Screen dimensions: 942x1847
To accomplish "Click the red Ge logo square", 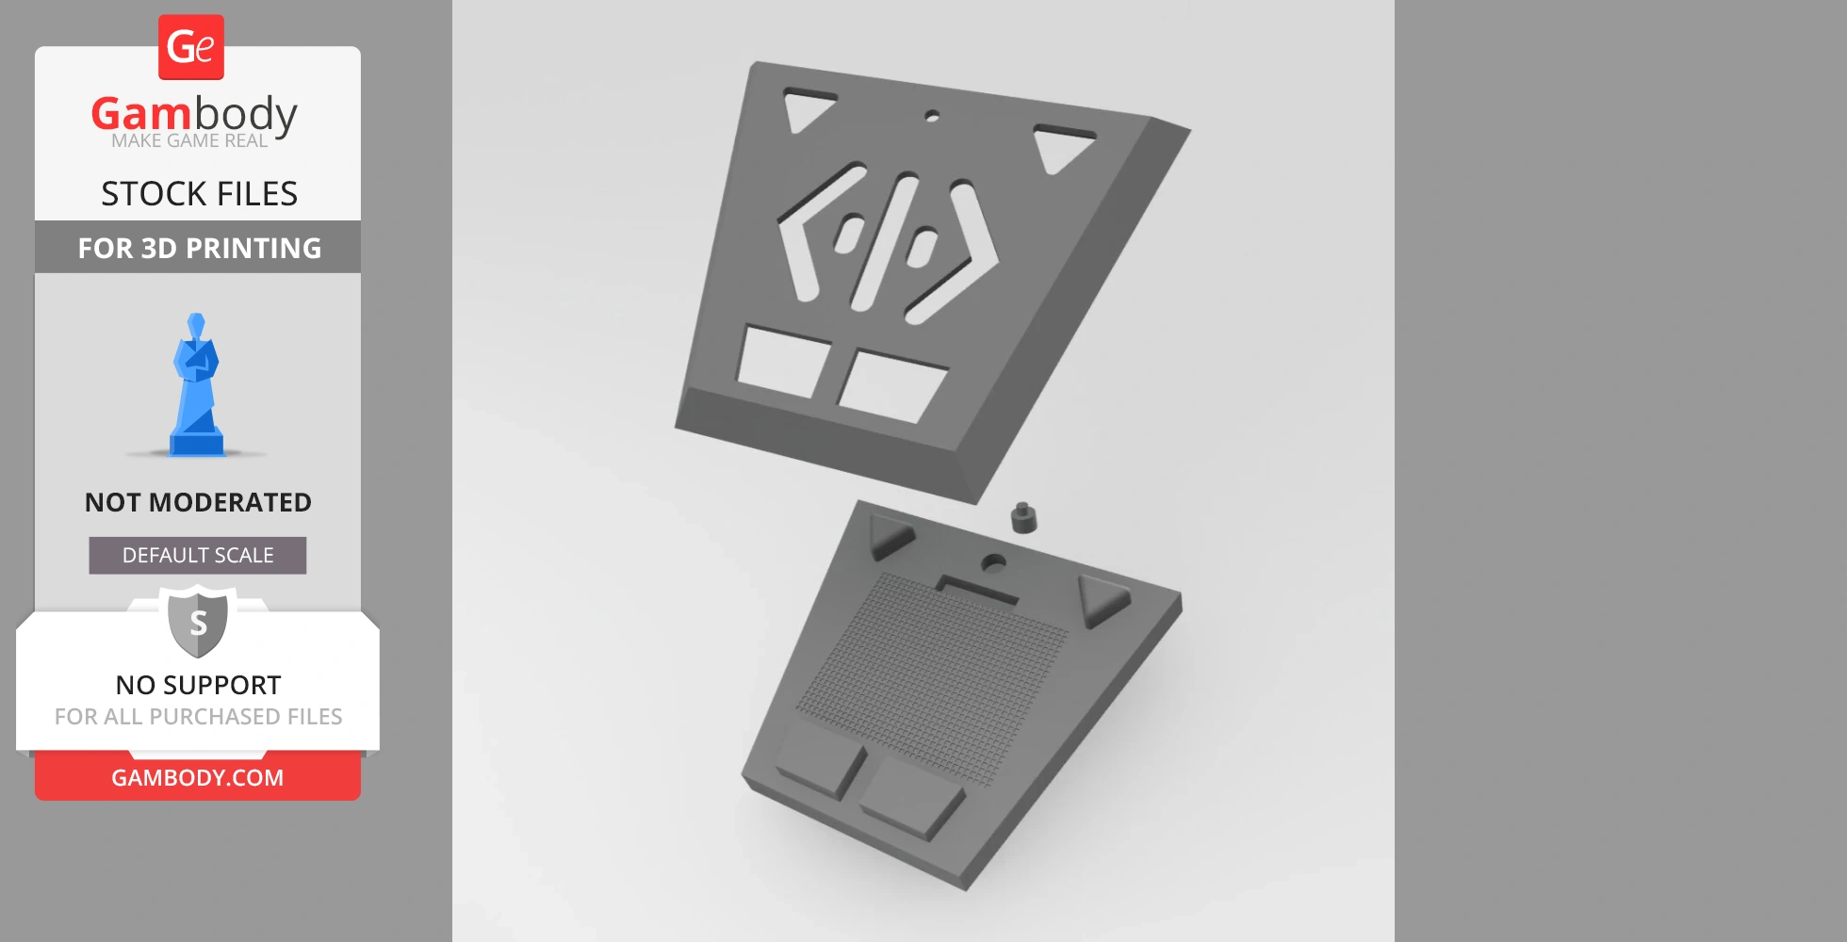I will coord(191,47).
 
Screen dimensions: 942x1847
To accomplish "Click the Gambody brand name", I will coord(194,114).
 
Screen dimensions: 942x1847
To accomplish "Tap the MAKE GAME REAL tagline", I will coord(189,141).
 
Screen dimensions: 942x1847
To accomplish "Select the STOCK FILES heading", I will coord(199,194).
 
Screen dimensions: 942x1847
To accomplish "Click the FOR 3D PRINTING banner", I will coord(199,248).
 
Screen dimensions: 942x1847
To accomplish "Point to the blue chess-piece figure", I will coord(196,386).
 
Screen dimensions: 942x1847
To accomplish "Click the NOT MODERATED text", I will coord(198,502).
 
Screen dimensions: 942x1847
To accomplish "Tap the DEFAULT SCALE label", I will coord(198,556).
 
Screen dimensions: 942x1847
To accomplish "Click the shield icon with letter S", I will coord(198,622).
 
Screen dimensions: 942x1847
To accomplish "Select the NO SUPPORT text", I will coord(198,685).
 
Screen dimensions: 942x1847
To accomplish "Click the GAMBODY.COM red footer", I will coord(198,778).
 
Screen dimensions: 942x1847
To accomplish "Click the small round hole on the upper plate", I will coord(932,117).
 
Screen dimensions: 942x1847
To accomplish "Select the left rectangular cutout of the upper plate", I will coord(782,361).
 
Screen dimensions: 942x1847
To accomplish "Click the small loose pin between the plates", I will coord(1023,517).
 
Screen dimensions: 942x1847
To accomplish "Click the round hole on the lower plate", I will coord(992,563).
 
